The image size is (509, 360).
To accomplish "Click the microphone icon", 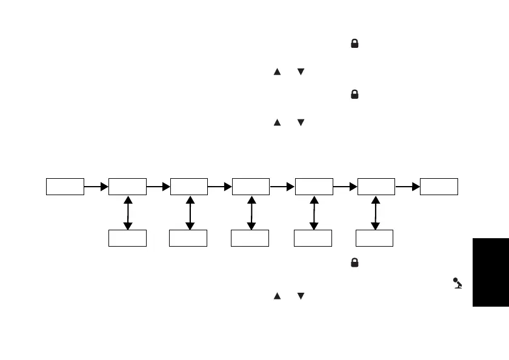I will click(x=457, y=283).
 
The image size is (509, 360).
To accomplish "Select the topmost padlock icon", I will click(x=354, y=44).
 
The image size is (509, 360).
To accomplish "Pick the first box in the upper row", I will click(x=65, y=187).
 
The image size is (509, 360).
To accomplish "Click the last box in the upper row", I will click(x=439, y=187).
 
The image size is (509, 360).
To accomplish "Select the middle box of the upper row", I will click(x=251, y=187).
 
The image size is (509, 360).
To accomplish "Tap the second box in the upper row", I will click(x=127, y=187).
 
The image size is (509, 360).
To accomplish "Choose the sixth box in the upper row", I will click(x=376, y=187).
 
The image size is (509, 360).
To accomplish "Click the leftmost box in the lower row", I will click(x=127, y=238).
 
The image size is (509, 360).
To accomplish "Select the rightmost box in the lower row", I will click(x=374, y=238).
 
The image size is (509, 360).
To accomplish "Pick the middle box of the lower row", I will click(x=250, y=238).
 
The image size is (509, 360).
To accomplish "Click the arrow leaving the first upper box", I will click(x=96, y=187).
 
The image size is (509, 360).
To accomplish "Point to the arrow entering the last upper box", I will click(x=408, y=187).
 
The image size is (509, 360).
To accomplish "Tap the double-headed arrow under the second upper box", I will click(x=127, y=213).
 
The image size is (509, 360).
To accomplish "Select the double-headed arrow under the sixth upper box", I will click(x=375, y=213).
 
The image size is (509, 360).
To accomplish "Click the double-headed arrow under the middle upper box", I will click(x=251, y=213).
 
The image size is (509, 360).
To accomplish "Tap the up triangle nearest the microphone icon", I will click(x=278, y=296).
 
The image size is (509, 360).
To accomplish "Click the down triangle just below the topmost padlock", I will click(x=301, y=72).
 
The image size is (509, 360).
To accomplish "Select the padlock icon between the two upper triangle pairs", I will click(x=354, y=95).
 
